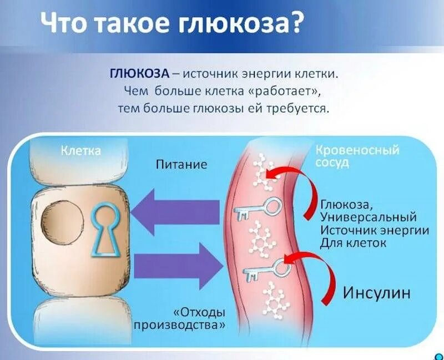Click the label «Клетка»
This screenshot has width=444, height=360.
80,151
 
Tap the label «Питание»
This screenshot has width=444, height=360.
181,165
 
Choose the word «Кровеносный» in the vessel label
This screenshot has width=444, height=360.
357,151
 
